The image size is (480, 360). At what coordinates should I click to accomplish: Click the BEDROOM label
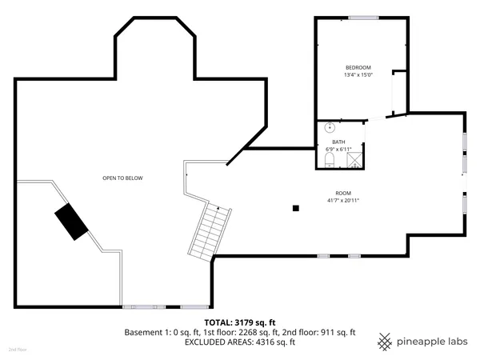pyautogui.click(x=358, y=67)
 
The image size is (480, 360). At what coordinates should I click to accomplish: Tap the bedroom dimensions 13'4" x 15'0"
pyautogui.click(x=358, y=75)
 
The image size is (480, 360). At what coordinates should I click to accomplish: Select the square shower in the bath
pyautogui.click(x=353, y=160)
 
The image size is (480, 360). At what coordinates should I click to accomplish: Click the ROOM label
pyautogui.click(x=342, y=193)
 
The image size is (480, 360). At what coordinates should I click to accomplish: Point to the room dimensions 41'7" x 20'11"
pyautogui.click(x=342, y=200)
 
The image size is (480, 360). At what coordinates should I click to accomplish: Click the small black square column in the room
pyautogui.click(x=296, y=208)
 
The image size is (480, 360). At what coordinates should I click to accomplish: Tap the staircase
pyautogui.click(x=210, y=233)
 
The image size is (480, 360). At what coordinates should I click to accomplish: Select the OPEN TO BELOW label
pyautogui.click(x=122, y=178)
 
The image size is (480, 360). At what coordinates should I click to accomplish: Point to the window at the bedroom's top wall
pyautogui.click(x=362, y=18)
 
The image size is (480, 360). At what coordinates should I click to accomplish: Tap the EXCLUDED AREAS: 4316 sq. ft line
pyautogui.click(x=239, y=342)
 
